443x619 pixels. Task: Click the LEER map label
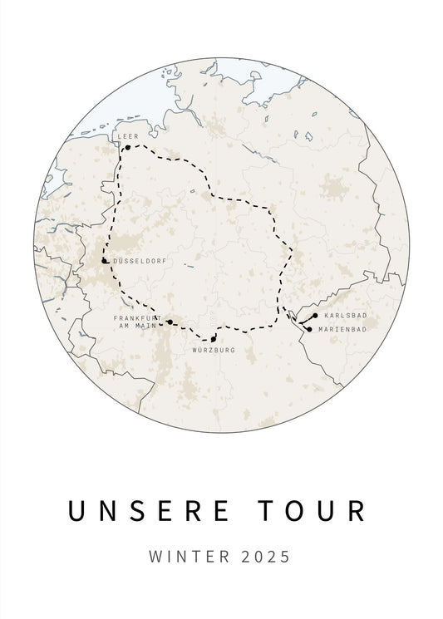coord(126,135)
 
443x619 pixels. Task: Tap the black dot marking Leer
coord(127,148)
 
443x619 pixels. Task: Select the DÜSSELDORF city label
coord(134,260)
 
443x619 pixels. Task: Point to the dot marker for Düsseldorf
coord(104,261)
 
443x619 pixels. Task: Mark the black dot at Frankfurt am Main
coord(170,322)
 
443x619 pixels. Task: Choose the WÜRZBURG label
coord(214,350)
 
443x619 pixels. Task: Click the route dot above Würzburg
coord(214,339)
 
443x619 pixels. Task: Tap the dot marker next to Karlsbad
coord(315,316)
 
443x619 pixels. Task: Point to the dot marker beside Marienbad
coord(309,329)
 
